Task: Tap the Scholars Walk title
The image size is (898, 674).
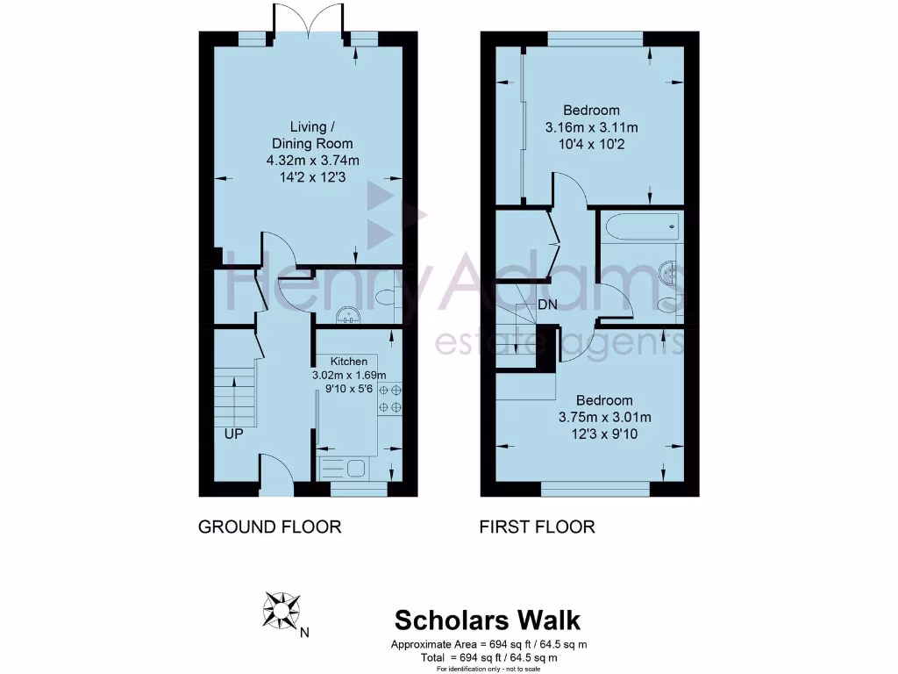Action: [x=487, y=620]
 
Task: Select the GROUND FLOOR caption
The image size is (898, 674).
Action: [x=269, y=527]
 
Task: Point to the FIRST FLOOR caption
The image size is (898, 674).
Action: [x=537, y=527]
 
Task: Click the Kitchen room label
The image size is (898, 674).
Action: [x=348, y=362]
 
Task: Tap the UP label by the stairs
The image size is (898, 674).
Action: [x=232, y=434]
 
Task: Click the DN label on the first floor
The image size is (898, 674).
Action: [x=548, y=305]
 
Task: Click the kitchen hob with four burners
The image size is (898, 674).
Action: [x=389, y=398]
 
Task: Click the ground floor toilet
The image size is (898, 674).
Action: [x=386, y=299]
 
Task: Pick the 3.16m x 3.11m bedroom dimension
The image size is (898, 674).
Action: [x=591, y=127]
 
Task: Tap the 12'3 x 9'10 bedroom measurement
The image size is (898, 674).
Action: [x=604, y=433]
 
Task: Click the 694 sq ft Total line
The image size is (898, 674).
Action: [x=489, y=657]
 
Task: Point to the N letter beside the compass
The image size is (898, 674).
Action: [x=304, y=631]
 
